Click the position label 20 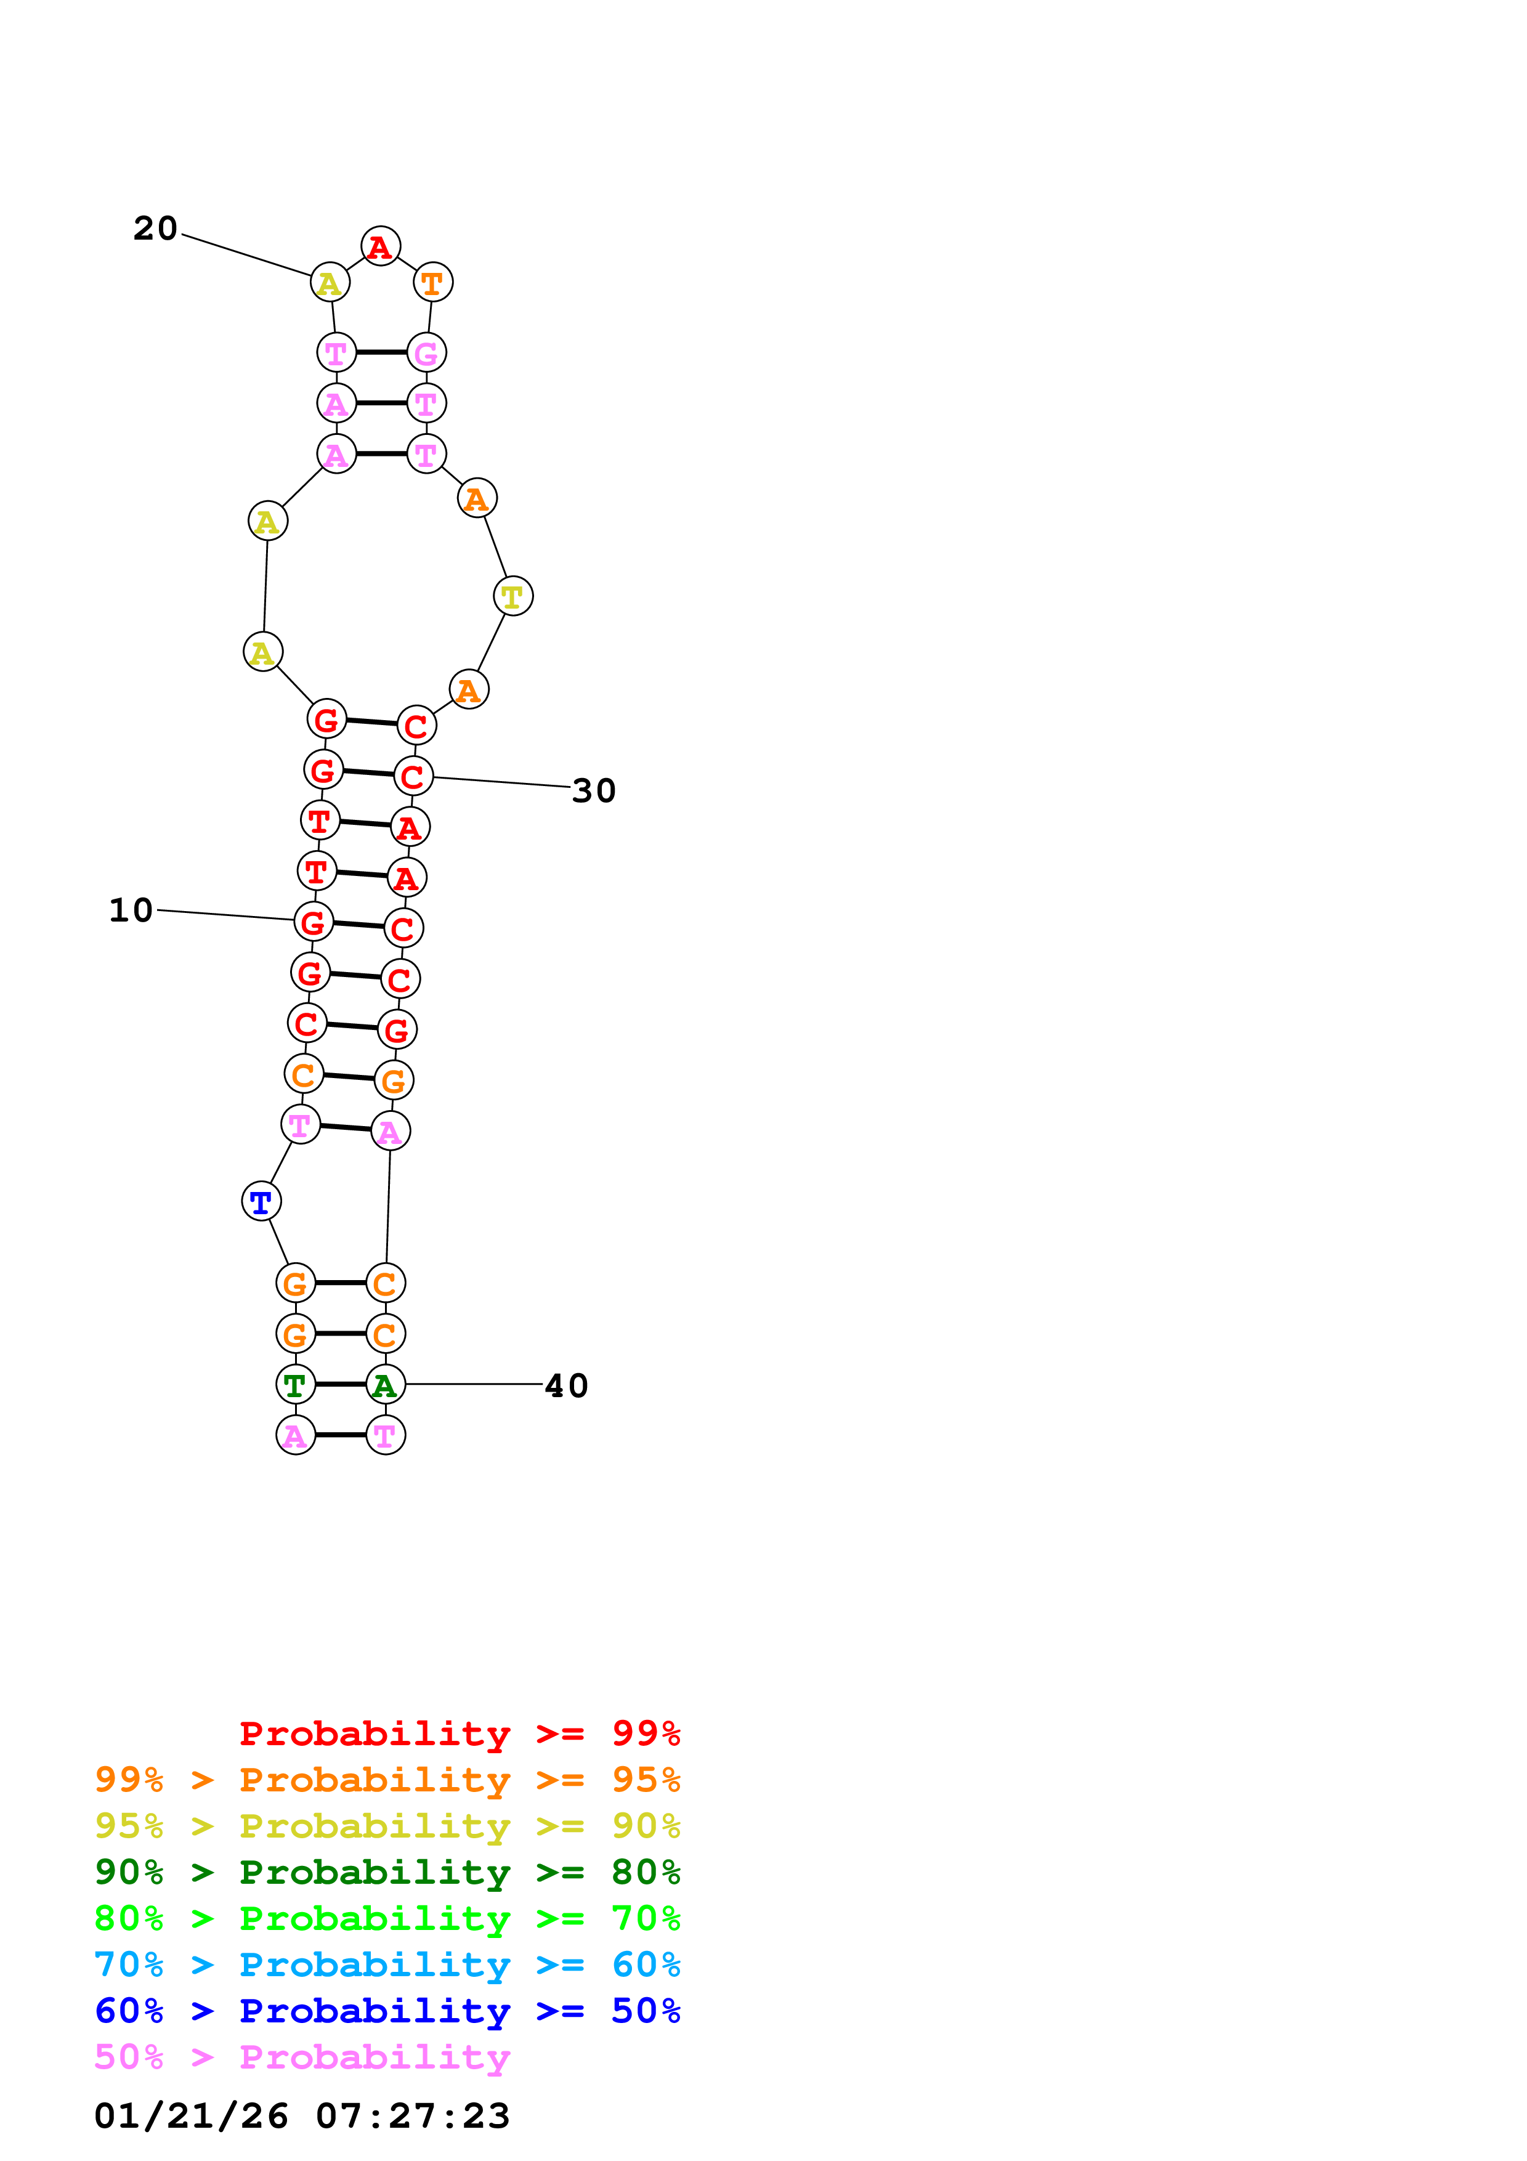[x=155, y=229]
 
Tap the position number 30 [x=594, y=790]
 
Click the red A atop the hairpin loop [x=380, y=246]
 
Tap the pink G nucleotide [x=426, y=353]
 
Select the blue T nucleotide [x=261, y=1202]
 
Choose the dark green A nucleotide [x=385, y=1385]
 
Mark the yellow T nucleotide [x=512, y=596]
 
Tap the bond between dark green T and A [x=339, y=1385]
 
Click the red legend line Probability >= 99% [x=459, y=1733]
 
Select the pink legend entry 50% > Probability [x=302, y=2058]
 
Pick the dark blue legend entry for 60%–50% [x=387, y=2011]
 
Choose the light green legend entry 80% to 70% [x=387, y=1919]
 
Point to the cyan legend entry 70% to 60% [x=387, y=1965]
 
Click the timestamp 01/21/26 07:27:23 [x=302, y=2116]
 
